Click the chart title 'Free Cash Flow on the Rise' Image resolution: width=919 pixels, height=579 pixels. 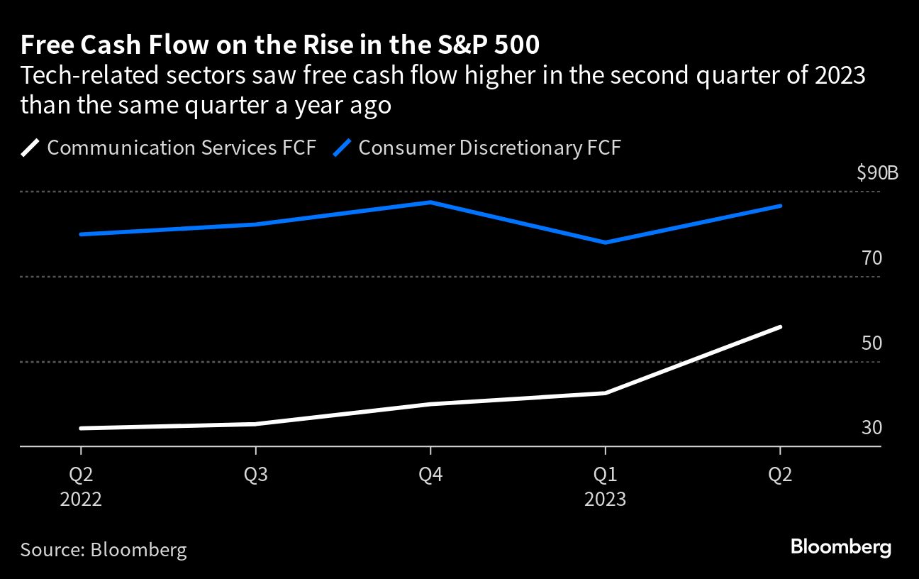click(x=279, y=45)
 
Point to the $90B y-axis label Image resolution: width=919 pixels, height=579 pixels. click(x=877, y=173)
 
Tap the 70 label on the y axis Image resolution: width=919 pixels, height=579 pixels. click(x=872, y=258)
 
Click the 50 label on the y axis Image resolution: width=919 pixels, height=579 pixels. click(x=872, y=343)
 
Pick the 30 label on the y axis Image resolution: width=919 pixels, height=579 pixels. click(x=872, y=429)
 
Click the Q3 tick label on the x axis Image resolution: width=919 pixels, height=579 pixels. click(x=255, y=475)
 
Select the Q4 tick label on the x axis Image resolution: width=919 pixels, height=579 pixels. click(x=430, y=475)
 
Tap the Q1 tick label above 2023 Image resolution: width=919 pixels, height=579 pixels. click(x=605, y=475)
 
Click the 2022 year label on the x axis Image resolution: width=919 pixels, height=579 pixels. click(x=81, y=499)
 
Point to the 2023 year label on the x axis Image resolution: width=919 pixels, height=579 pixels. click(x=605, y=499)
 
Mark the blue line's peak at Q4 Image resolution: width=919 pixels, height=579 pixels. click(x=430, y=202)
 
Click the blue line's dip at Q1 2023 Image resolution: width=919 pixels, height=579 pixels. click(x=605, y=243)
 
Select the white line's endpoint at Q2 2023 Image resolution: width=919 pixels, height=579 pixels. click(x=780, y=327)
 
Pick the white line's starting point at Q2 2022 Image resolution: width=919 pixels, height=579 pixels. click(x=81, y=429)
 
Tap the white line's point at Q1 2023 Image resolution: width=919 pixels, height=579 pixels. click(x=605, y=392)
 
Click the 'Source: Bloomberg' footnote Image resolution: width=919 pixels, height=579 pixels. click(x=104, y=549)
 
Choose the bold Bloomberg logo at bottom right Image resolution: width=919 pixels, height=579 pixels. click(x=840, y=547)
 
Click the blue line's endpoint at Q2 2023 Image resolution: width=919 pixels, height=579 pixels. click(x=780, y=206)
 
